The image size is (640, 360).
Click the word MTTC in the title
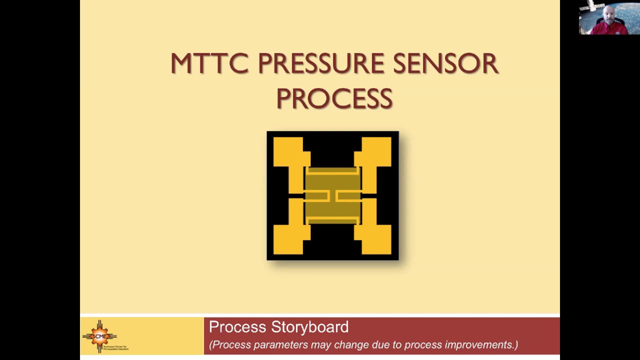209,64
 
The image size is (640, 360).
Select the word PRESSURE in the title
320,64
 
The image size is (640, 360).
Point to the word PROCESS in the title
334,98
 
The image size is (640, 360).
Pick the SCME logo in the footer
100,336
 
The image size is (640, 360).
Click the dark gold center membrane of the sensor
332,195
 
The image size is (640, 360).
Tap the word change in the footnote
349,345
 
